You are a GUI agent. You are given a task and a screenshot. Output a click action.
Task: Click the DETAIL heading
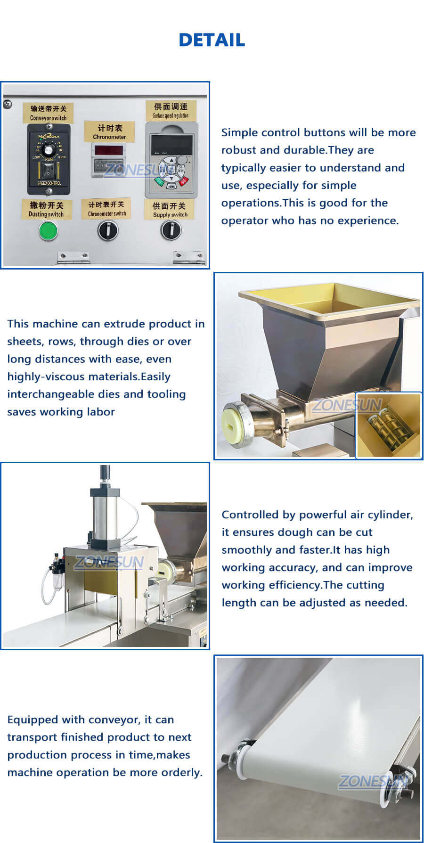[212, 40]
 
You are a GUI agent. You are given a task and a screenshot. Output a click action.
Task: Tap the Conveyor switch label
[48, 113]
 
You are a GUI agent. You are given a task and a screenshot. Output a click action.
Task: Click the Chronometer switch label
[107, 209]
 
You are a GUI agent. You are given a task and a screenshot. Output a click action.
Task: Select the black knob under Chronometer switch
[107, 230]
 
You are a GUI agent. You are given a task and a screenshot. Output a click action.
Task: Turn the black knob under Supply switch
[171, 230]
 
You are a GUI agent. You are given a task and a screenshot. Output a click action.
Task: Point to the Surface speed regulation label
[171, 111]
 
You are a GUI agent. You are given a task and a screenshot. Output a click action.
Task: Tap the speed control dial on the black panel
[49, 149]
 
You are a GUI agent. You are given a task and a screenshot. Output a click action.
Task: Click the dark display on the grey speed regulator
[171, 143]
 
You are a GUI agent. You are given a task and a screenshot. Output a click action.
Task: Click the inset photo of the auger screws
[388, 425]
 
